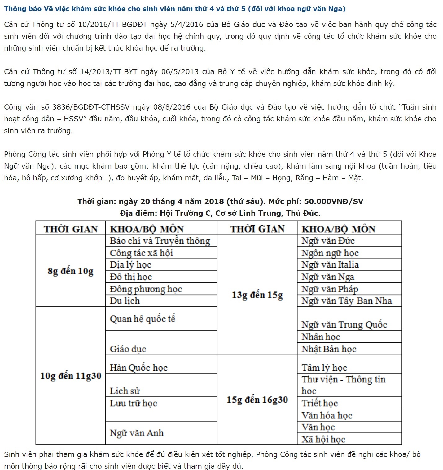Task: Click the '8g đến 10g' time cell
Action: (71, 271)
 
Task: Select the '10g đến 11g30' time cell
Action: (71, 376)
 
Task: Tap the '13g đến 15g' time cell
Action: (257, 295)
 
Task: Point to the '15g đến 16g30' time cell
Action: (257, 400)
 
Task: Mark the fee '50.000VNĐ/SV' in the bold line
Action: (333, 201)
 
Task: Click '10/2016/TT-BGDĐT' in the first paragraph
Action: (113, 25)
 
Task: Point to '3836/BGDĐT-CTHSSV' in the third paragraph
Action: (91, 107)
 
